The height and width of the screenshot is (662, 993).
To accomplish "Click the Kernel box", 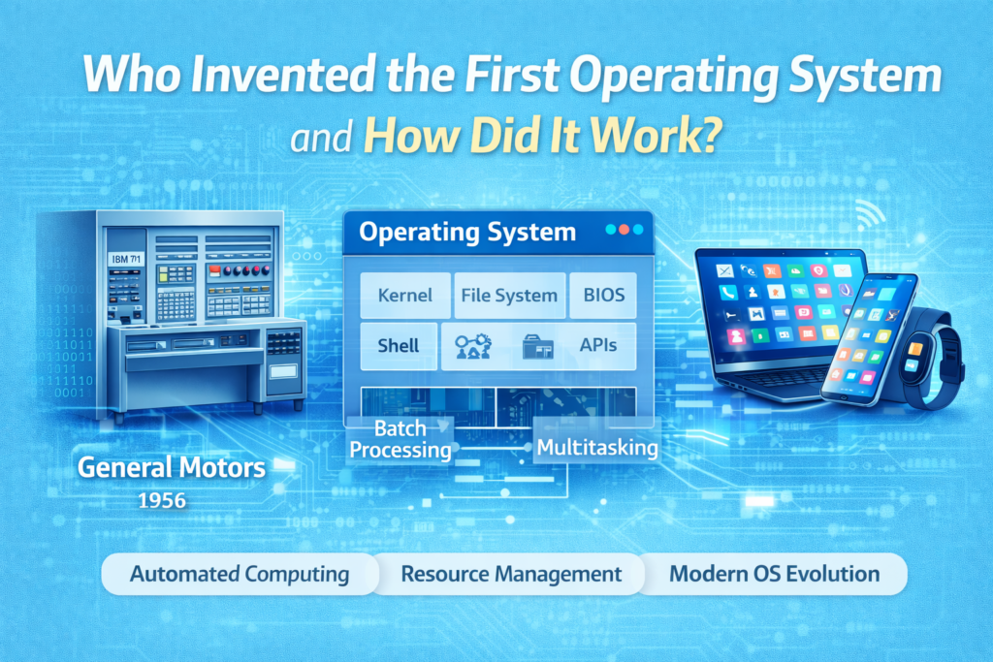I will (405, 296).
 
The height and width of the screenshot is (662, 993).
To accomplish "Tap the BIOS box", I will (602, 296).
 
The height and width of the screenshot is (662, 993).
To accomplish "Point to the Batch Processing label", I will (400, 439).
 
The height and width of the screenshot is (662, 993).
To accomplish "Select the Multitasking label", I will (596, 448).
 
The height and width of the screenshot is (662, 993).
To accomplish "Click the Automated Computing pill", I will (239, 574).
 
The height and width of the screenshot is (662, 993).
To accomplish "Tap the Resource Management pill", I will (510, 574).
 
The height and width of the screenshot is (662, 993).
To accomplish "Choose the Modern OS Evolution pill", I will (774, 574).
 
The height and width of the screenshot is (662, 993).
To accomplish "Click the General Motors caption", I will (171, 467).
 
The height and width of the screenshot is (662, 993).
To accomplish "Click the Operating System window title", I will (466, 234).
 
